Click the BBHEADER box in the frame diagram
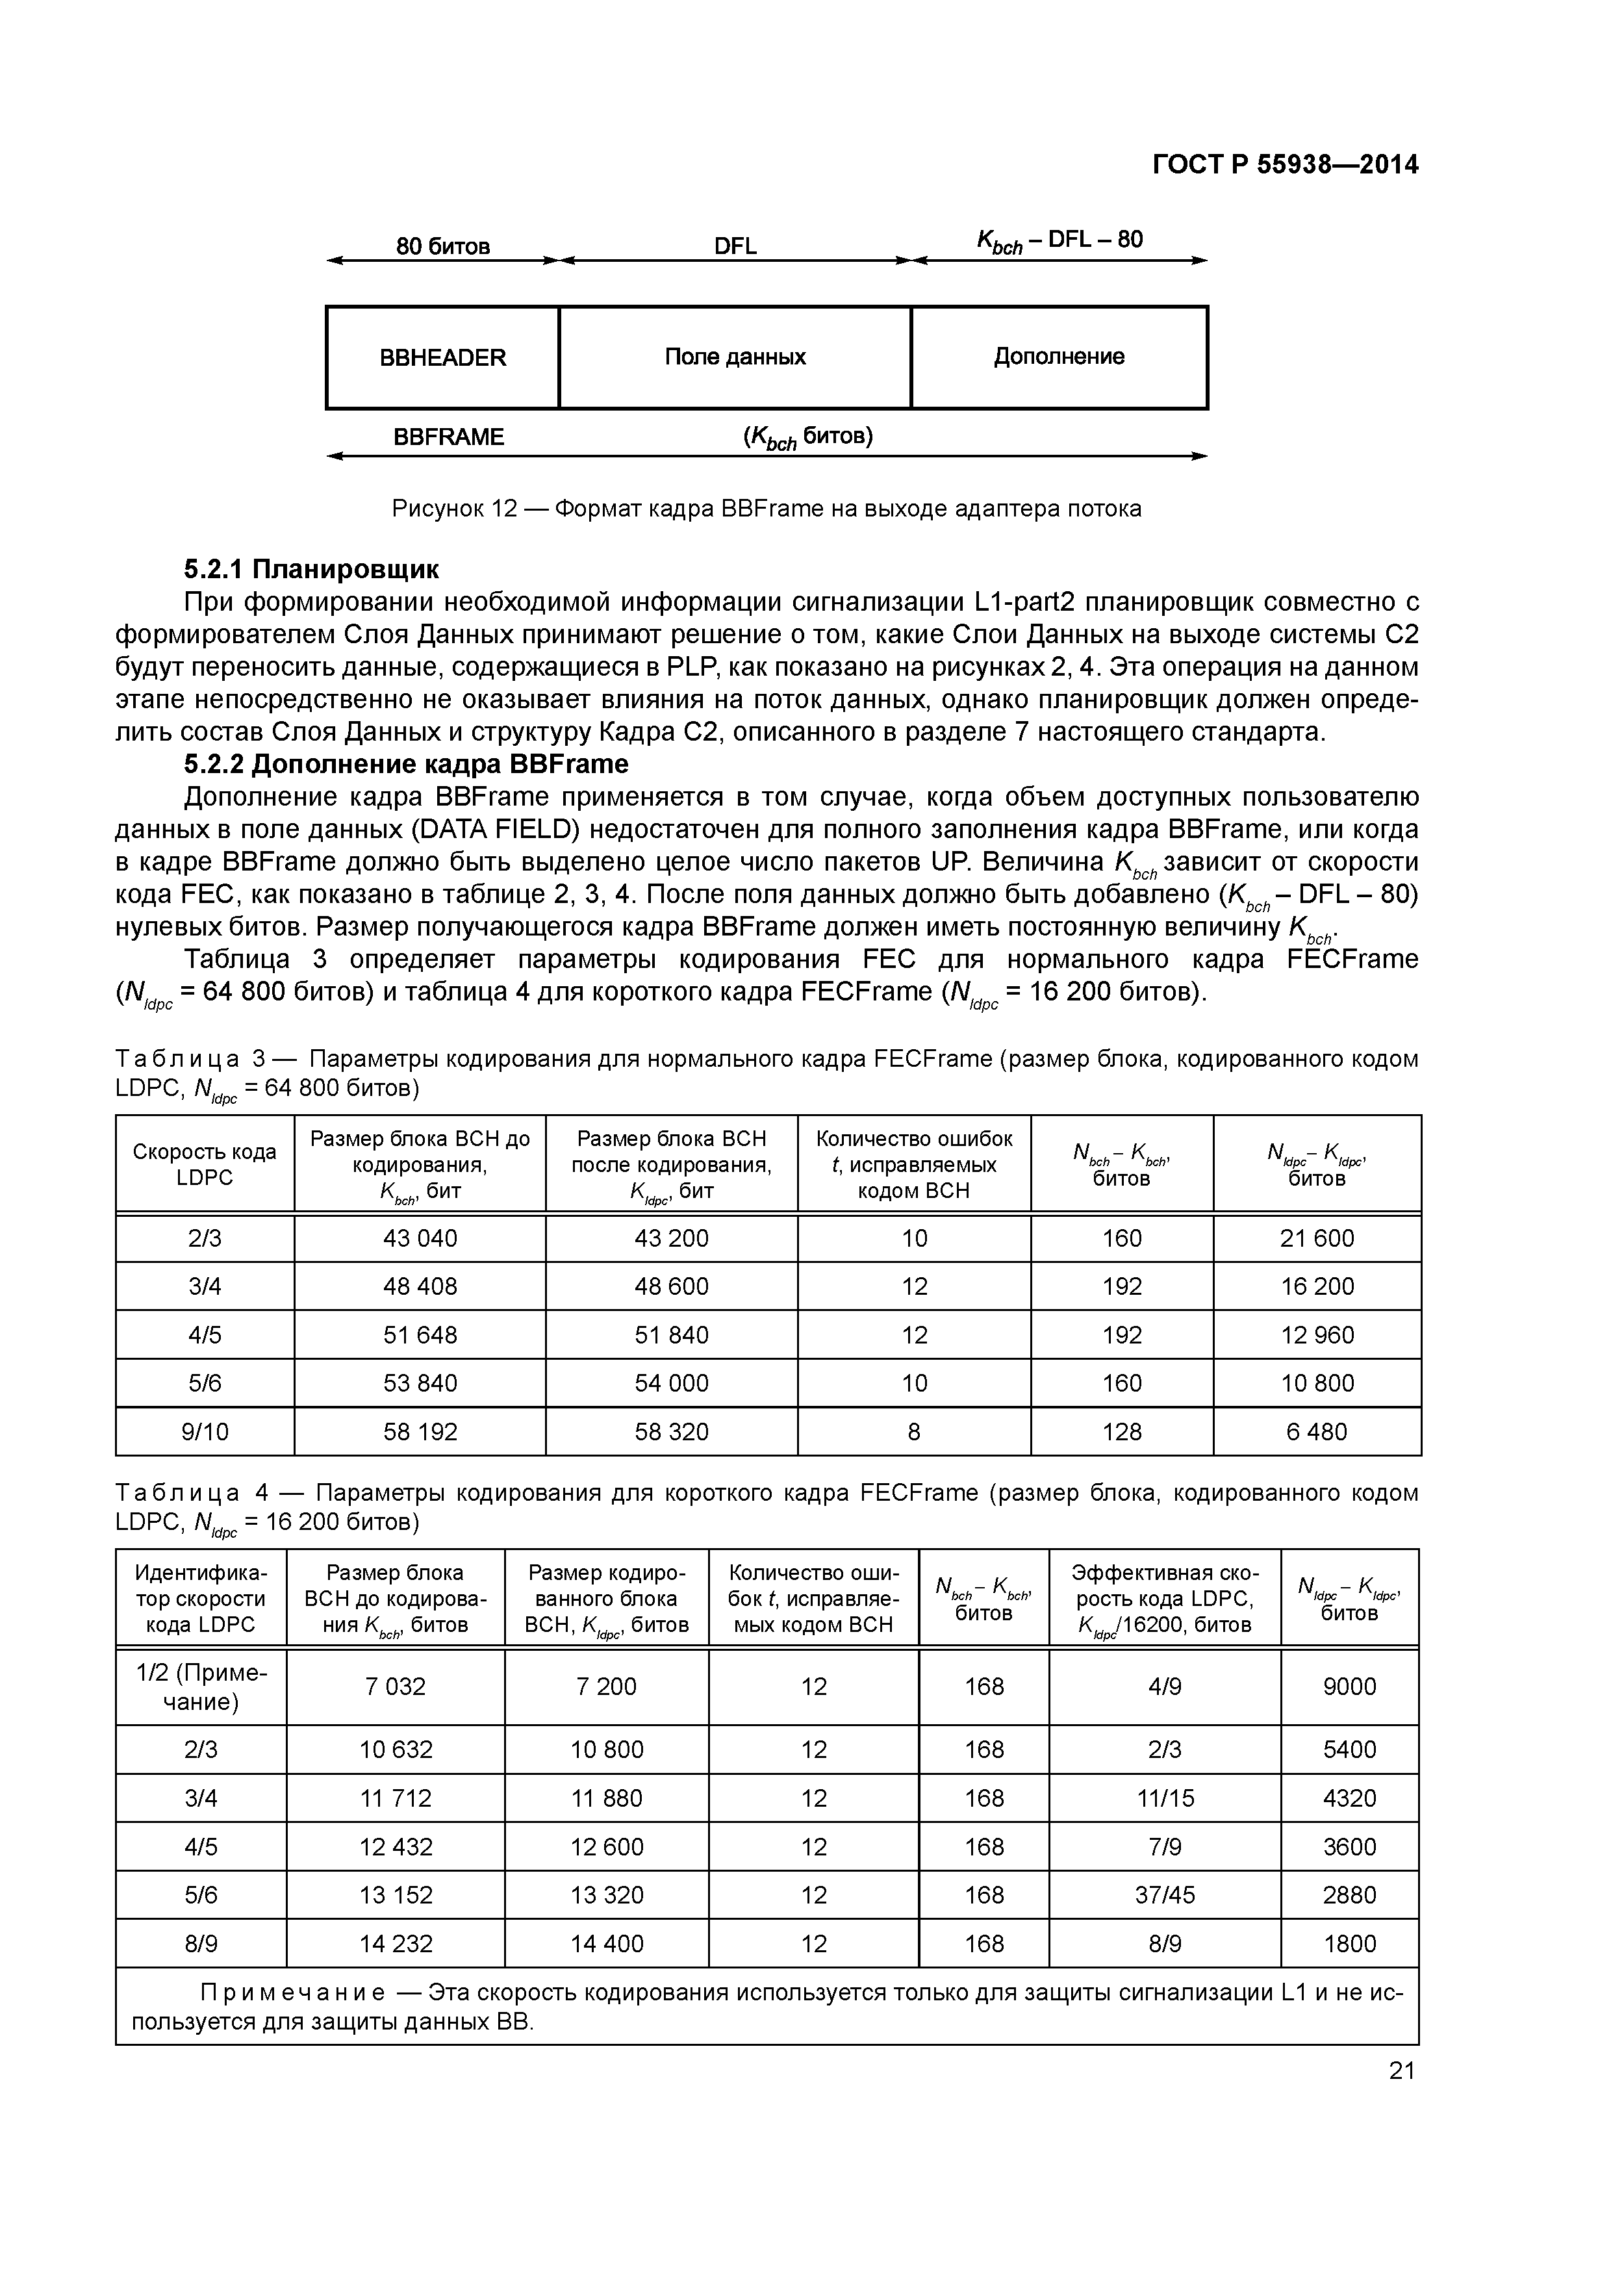tap(443, 357)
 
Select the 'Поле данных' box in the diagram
tap(735, 357)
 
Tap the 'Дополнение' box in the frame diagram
tap(1059, 357)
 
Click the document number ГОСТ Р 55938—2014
tap(1286, 165)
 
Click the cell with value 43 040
tap(420, 1238)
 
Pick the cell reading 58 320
tap(672, 1431)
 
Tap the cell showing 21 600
tap(1317, 1238)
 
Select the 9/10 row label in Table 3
tap(205, 1431)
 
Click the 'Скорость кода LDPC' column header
tap(205, 1164)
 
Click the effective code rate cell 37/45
tap(1164, 1895)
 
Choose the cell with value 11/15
tap(1164, 1798)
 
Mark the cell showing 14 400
tap(607, 1944)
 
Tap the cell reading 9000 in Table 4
tap(1349, 1687)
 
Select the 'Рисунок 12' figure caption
tap(767, 509)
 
